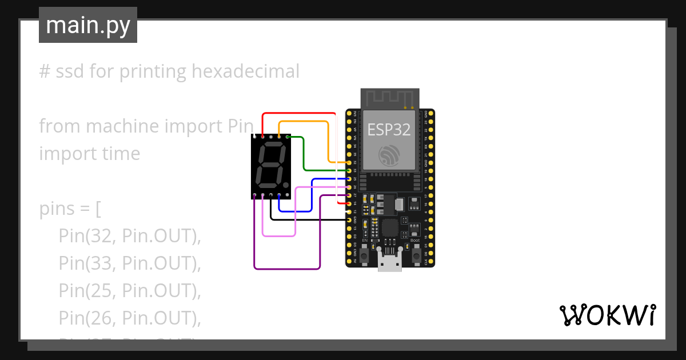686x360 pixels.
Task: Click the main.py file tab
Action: tap(87, 25)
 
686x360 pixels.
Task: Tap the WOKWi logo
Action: tap(607, 315)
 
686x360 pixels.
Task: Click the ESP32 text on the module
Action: tap(389, 129)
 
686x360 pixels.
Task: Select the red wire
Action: tap(297, 113)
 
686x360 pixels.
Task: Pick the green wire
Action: tap(304, 154)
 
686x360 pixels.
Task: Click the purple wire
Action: tap(286, 269)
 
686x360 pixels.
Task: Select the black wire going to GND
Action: tap(309, 219)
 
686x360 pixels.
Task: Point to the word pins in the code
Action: tap(57, 209)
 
